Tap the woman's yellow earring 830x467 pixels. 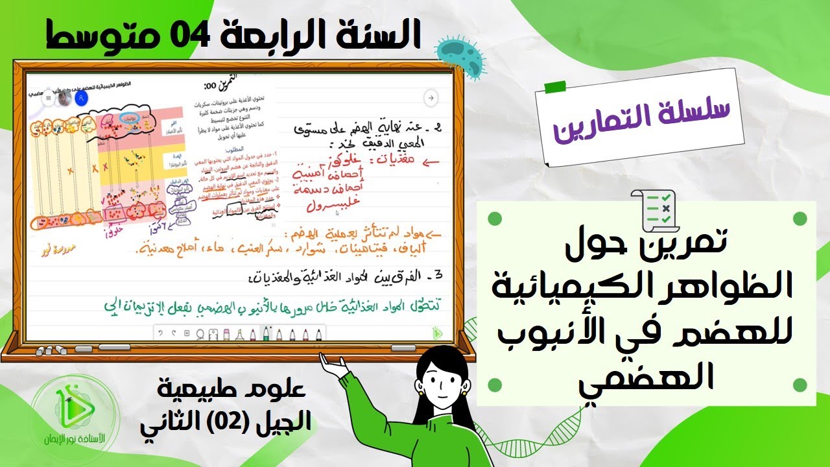(x=420, y=392)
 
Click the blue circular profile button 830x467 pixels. (x=80, y=99)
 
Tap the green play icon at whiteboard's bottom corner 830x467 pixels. (x=438, y=333)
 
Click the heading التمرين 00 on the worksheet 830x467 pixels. (x=217, y=85)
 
